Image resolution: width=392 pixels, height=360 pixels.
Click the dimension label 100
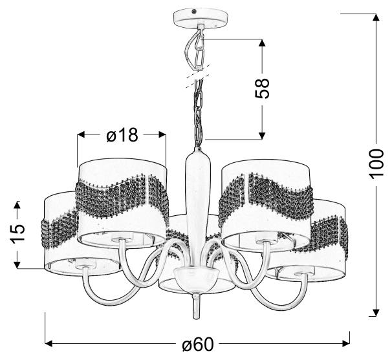tap(376, 164)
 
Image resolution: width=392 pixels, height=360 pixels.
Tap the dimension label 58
tap(262, 89)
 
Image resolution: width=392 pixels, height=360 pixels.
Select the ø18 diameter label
tap(122, 135)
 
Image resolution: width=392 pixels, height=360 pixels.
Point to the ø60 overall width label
tap(198, 344)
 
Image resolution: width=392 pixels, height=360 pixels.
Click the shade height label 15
tap(17, 233)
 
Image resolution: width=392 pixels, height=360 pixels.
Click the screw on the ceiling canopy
tap(193, 12)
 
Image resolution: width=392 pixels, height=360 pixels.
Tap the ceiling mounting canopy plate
tap(201, 19)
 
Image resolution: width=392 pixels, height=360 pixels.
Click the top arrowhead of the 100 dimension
tap(376, 17)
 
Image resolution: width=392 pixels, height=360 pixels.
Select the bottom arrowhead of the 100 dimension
tap(376, 312)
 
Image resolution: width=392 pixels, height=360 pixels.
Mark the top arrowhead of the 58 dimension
tap(262, 43)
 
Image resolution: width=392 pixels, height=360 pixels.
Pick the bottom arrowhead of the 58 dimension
tap(262, 135)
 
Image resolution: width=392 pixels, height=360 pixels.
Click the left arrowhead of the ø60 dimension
tap(49, 343)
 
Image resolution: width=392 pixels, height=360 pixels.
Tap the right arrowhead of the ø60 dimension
tap(345, 343)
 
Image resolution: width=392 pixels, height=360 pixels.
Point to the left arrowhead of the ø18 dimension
tap(82, 135)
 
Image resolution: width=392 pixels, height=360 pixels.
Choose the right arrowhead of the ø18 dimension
tap(162, 135)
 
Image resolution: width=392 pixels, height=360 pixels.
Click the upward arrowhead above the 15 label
tap(17, 206)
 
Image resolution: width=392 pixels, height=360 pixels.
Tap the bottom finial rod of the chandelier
tap(197, 306)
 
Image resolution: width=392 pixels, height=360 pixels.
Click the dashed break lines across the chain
tap(197, 76)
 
